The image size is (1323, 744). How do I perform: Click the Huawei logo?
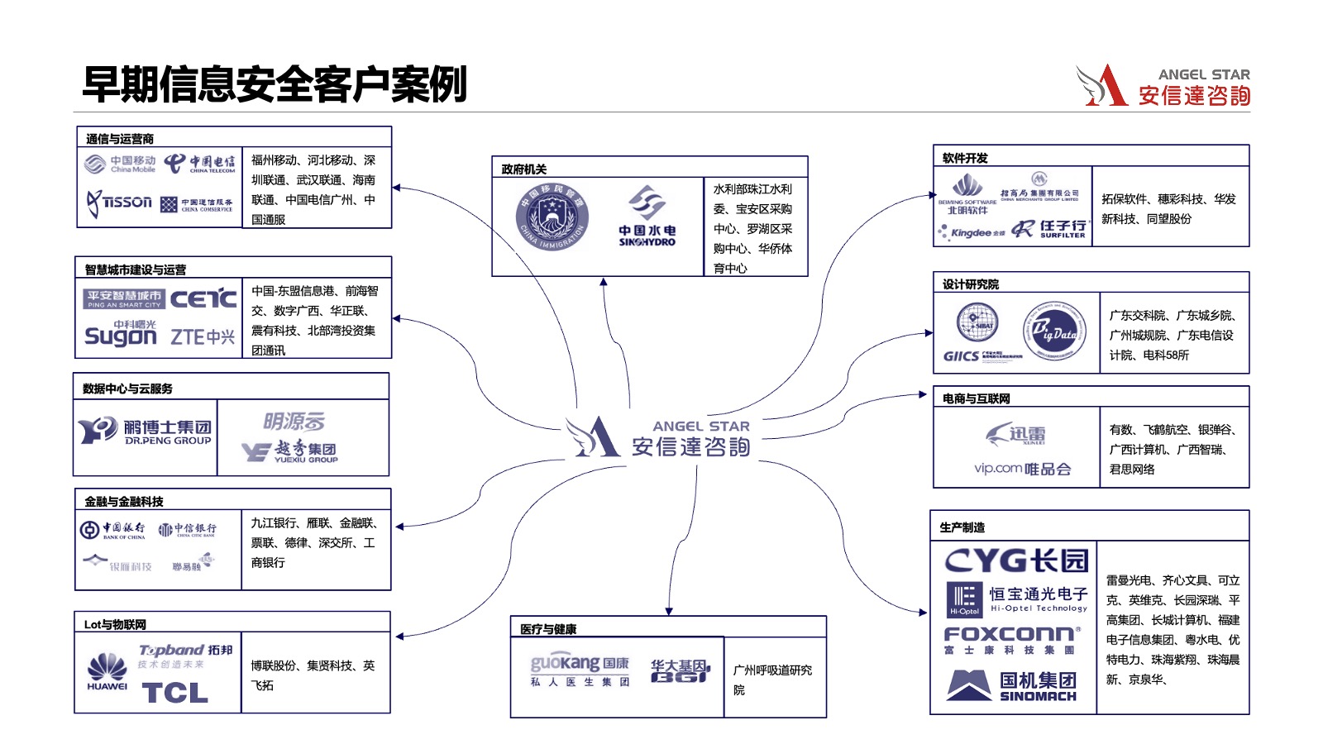(x=107, y=671)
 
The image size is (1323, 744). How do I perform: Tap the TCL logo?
(x=175, y=693)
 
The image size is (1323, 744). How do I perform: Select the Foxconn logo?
(x=1012, y=639)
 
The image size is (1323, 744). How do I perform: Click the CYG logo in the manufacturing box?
(x=1016, y=561)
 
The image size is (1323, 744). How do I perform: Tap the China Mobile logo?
(x=120, y=164)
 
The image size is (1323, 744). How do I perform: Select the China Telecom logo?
(x=199, y=164)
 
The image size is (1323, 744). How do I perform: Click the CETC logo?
(x=203, y=298)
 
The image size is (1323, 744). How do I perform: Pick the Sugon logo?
(x=121, y=335)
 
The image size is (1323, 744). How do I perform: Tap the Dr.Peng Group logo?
(x=146, y=432)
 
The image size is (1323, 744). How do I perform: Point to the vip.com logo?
(x=1022, y=469)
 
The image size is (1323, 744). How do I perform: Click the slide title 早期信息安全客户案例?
(x=275, y=84)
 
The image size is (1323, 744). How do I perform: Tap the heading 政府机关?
(x=524, y=169)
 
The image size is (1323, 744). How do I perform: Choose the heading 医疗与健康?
(x=548, y=629)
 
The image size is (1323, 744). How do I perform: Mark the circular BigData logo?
(x=1054, y=331)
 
